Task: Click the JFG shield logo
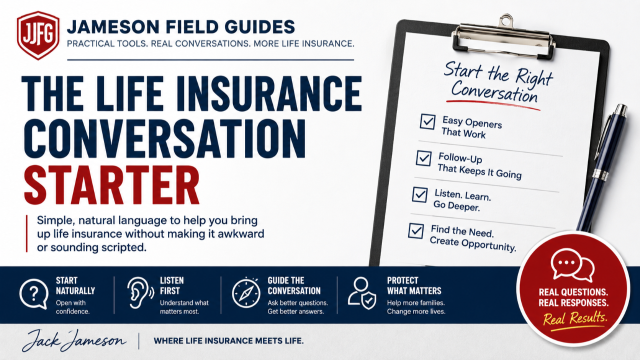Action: click(38, 35)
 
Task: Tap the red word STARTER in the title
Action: click(112, 185)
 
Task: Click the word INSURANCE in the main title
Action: click(269, 93)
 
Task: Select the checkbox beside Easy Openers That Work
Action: click(427, 121)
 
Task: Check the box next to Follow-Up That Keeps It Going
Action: click(423, 158)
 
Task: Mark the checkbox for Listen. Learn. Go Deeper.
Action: click(420, 194)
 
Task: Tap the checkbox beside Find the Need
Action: click(416, 231)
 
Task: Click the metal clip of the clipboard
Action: click(503, 37)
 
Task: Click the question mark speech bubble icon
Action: click(34, 293)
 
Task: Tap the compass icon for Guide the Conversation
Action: click(246, 293)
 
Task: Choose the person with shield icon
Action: click(362, 293)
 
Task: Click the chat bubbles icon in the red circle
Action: click(572, 265)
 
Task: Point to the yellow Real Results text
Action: click(575, 318)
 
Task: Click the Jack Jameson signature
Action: click(73, 340)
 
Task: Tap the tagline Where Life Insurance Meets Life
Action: click(228, 341)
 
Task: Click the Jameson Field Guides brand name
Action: click(181, 27)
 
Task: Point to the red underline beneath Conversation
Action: click(493, 104)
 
